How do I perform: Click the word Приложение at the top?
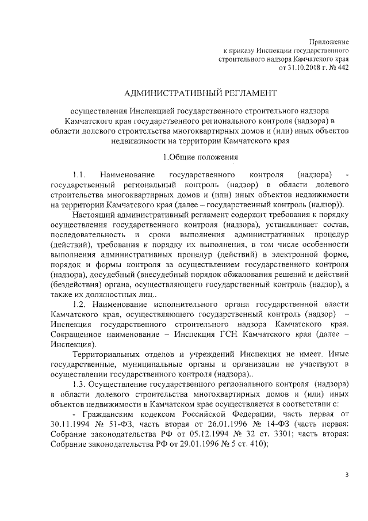[329, 41]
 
